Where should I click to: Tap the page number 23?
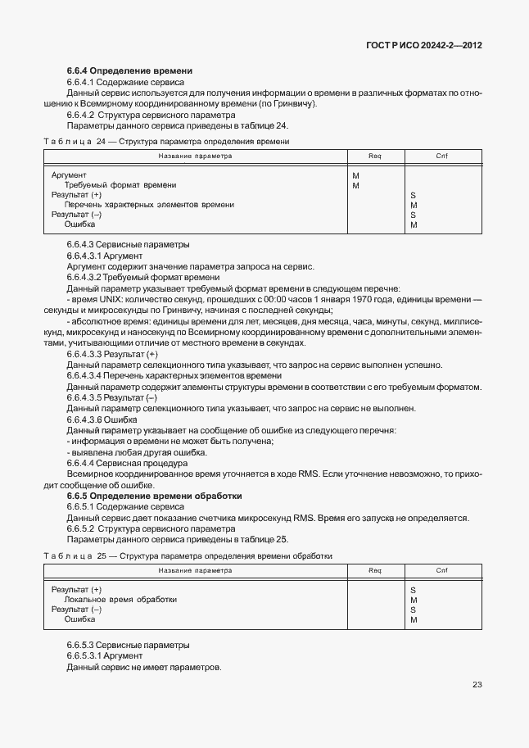(477, 685)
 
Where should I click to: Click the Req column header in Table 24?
(375, 156)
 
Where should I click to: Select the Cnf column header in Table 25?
(441, 570)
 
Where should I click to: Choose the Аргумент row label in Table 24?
(70, 175)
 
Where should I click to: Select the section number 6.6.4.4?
(84, 463)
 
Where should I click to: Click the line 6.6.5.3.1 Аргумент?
(105, 655)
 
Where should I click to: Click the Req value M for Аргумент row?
(355, 175)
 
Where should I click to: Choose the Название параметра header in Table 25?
(195, 570)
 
